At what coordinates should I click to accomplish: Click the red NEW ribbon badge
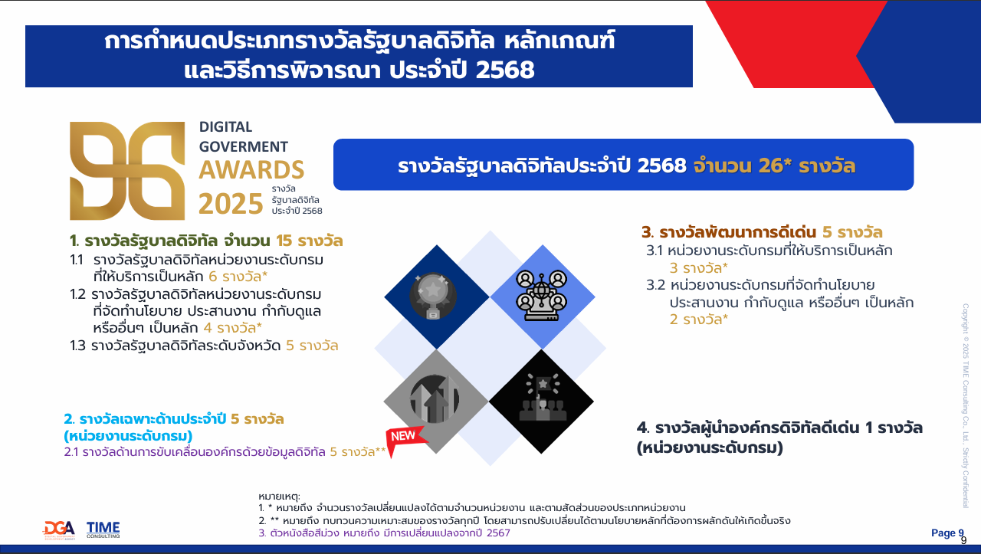click(x=403, y=439)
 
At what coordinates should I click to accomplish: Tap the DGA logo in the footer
click(x=59, y=530)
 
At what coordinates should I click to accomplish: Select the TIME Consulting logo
click(x=103, y=529)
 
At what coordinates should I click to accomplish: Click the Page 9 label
click(x=947, y=533)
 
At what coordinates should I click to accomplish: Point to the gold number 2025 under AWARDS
click(x=231, y=204)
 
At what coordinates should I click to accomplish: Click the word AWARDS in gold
click(x=251, y=170)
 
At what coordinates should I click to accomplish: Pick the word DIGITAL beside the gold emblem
click(x=225, y=127)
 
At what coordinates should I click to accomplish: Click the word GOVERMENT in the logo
click(x=244, y=146)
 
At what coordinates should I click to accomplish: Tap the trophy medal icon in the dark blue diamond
click(x=433, y=296)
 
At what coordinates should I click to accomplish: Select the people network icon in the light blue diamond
click(x=541, y=296)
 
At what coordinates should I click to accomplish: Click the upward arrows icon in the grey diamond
click(x=435, y=399)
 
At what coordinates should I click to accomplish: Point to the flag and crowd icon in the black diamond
click(x=543, y=397)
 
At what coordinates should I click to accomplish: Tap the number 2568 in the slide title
click(x=505, y=70)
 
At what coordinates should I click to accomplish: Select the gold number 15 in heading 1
click(x=284, y=241)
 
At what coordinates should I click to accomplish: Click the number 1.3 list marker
click(x=77, y=346)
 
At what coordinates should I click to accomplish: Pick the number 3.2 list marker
click(x=655, y=286)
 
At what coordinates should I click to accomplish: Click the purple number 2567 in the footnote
click(x=498, y=533)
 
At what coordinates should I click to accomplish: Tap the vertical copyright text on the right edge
click(x=966, y=405)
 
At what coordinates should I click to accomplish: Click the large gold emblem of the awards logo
click(x=127, y=171)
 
